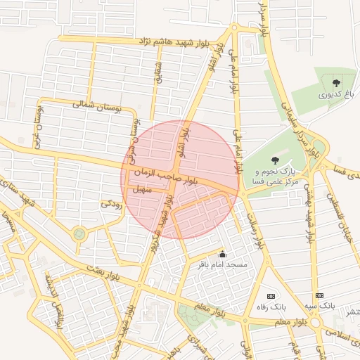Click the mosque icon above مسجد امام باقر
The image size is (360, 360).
point(223,255)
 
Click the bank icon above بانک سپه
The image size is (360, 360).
point(320,295)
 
